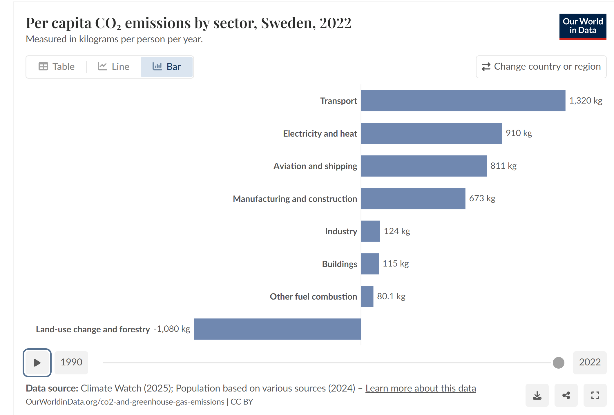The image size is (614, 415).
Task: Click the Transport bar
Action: point(463,101)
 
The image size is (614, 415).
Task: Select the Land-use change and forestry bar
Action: point(277,329)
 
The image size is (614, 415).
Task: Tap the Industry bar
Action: point(370,231)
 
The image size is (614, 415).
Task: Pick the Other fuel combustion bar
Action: point(367,296)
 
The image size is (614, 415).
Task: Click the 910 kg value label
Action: point(519,133)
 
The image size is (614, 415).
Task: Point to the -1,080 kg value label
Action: point(172,329)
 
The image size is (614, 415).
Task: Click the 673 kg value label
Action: point(482,198)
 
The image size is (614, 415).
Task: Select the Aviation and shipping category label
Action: point(315,166)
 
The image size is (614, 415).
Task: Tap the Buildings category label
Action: point(339,264)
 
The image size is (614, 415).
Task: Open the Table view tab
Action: point(57,67)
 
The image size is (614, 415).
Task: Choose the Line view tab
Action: point(113,67)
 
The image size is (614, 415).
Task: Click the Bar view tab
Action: point(167,67)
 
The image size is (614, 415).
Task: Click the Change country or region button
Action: point(541,67)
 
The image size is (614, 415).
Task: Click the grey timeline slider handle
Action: point(558,363)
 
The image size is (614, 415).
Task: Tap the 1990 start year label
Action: point(71,363)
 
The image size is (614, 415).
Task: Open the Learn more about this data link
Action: point(421,388)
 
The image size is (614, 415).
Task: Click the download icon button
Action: point(537,395)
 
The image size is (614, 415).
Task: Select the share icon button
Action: point(566,395)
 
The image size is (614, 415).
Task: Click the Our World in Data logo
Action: point(582,26)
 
